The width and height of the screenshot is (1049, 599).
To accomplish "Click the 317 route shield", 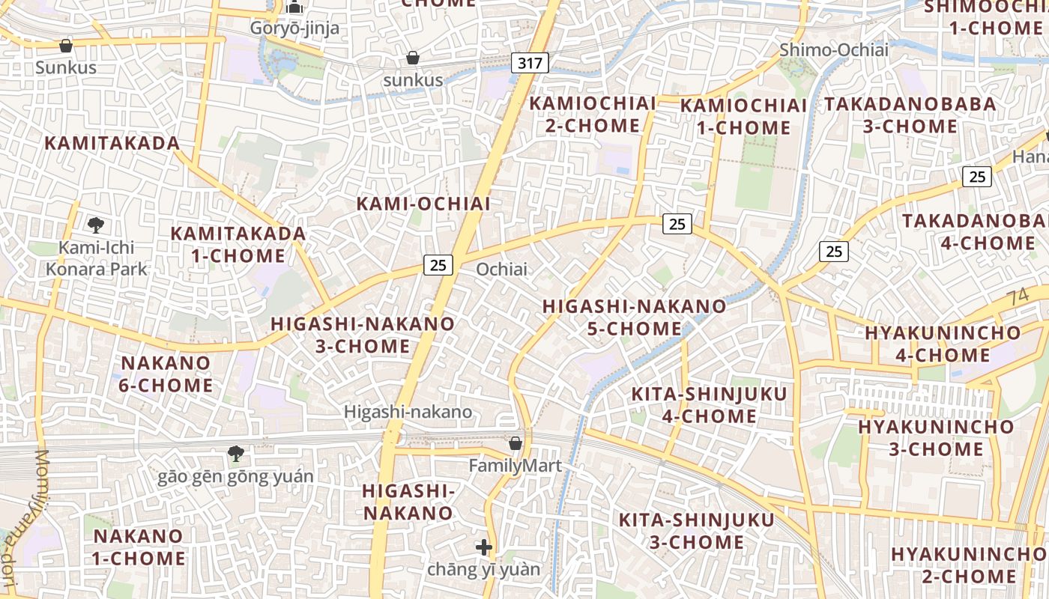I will (530, 63).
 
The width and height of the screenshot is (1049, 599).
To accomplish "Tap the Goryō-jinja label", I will (294, 28).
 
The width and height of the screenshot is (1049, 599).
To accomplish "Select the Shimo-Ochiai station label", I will (833, 50).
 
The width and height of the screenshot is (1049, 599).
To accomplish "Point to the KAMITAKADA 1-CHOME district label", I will (238, 244).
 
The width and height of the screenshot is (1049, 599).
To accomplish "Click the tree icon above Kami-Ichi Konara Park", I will (95, 225).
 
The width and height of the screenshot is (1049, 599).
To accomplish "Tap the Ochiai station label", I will (501, 269).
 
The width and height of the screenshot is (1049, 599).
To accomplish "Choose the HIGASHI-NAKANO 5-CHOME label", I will (634, 317).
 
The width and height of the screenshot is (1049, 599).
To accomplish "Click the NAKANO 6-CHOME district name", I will (166, 374).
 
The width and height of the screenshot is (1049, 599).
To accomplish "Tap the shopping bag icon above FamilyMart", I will (516, 443).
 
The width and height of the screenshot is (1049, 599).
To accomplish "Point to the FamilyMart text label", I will (516, 466).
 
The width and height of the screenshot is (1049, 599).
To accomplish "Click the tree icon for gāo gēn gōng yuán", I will (236, 453).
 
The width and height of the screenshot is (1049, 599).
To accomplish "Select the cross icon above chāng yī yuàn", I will (484, 547).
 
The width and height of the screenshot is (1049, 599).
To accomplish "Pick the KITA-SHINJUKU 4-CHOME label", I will (709, 405).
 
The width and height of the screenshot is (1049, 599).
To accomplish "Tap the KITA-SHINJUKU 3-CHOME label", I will (696, 531).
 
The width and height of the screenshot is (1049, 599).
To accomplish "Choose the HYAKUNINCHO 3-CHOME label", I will (936, 438).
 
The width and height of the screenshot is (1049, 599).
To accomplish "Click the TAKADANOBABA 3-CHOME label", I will (910, 115).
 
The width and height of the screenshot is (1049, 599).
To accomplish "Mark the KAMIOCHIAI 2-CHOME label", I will (593, 115).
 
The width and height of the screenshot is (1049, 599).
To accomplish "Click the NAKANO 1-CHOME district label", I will (139, 547).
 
